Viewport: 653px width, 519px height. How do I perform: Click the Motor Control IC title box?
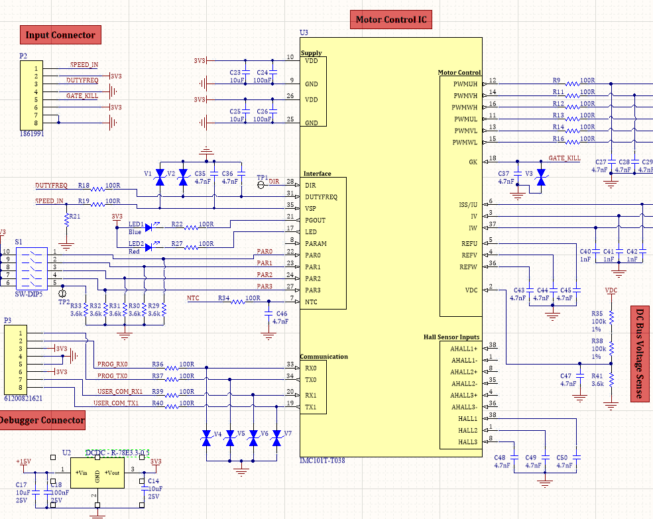[x=390, y=20]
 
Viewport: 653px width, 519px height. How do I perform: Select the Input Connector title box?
[x=60, y=35]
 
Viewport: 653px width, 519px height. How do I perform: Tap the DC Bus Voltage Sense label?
[x=640, y=354]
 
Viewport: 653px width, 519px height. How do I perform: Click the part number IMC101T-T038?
[x=322, y=459]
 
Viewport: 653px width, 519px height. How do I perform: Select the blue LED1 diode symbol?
[x=148, y=227]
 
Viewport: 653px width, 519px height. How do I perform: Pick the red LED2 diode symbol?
[x=148, y=248]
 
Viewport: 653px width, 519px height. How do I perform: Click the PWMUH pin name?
[x=465, y=84]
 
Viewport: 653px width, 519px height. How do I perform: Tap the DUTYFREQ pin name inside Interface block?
[x=321, y=197]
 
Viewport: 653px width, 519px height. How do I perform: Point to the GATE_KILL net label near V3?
[x=564, y=159]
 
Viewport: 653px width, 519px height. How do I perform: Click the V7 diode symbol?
[x=276, y=439]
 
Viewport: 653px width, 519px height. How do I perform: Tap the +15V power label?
[x=23, y=461]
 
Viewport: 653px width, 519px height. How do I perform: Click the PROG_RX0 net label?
[x=112, y=365]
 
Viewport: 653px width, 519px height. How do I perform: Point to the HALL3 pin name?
[x=467, y=442]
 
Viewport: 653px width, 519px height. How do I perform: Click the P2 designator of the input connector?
[x=23, y=57]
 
